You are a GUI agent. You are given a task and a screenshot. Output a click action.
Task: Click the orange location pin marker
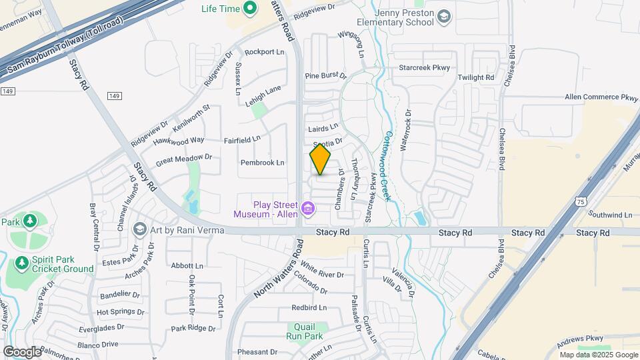point(320,159)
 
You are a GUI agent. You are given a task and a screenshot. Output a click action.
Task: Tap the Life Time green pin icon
point(250,9)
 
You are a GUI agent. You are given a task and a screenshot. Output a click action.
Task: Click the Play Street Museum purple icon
point(308,209)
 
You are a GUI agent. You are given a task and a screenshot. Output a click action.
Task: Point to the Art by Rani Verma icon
point(140,230)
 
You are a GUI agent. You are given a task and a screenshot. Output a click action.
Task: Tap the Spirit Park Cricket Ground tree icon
point(22,264)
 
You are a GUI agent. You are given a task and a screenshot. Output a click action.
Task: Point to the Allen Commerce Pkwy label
point(601,97)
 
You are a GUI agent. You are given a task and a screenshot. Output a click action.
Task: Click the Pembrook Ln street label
point(263,163)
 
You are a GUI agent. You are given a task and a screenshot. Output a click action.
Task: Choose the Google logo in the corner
point(22,351)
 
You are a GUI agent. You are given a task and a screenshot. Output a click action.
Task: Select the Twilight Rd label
point(476,78)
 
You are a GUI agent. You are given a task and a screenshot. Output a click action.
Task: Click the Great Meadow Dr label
point(183,160)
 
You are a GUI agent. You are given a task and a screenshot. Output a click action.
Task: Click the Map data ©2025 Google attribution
point(598,355)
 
